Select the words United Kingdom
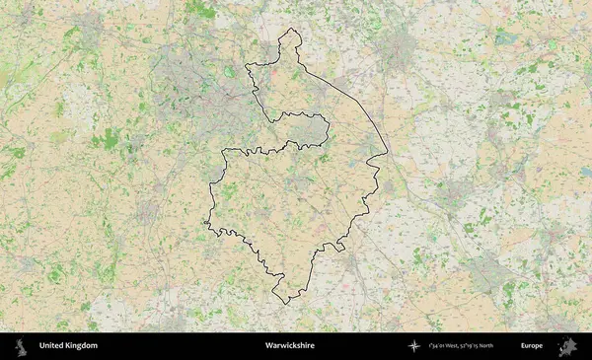pyautogui.click(x=68, y=346)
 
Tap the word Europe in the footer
pyautogui.click(x=532, y=346)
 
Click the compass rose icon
pyautogui.click(x=413, y=346)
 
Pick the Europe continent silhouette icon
pyautogui.click(x=567, y=346)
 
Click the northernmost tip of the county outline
pyautogui.click(x=290, y=30)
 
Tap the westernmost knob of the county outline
pyautogui.click(x=206, y=225)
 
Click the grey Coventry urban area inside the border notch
pyautogui.click(x=307, y=131)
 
